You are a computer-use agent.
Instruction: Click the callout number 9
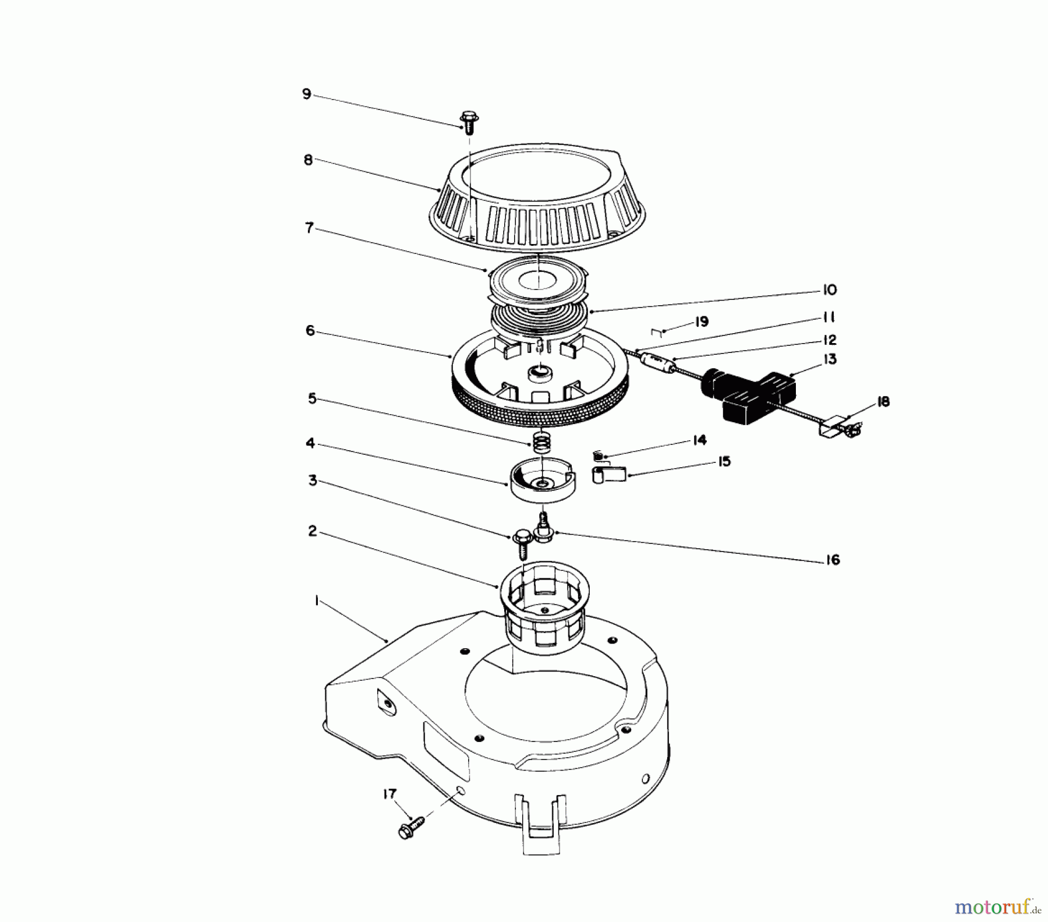coord(307,94)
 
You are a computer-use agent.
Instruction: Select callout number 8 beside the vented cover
coord(308,160)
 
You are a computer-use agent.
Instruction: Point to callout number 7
coord(309,228)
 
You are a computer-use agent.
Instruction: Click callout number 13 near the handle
coord(830,359)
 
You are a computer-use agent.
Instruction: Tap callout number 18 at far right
coord(883,402)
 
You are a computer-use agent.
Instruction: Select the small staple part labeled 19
coord(656,332)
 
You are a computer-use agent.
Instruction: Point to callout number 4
coord(310,444)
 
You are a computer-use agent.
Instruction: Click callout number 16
coord(833,560)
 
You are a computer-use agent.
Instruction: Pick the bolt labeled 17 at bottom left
coord(411,826)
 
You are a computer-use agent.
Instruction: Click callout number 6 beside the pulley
coord(310,331)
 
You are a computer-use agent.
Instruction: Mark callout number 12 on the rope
coord(829,340)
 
